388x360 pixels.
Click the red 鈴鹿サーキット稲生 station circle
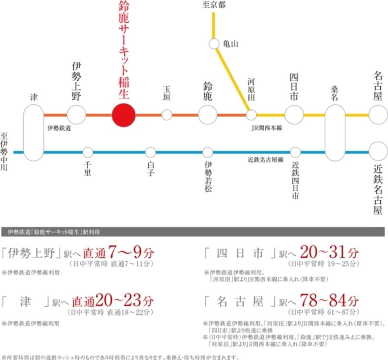(x=124, y=115)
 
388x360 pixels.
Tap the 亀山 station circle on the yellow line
(x=214, y=44)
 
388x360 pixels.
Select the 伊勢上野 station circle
(x=77, y=115)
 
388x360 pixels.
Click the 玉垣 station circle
(x=167, y=115)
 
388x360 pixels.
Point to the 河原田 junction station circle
(x=251, y=115)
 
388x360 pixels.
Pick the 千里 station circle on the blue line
(x=88, y=152)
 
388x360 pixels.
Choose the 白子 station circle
(x=150, y=152)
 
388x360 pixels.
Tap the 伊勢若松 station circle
(x=208, y=152)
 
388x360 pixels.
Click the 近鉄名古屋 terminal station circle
(x=378, y=152)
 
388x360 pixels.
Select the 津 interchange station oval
(x=34, y=132)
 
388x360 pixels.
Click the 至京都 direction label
(x=214, y=6)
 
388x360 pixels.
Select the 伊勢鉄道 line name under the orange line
(x=59, y=128)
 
